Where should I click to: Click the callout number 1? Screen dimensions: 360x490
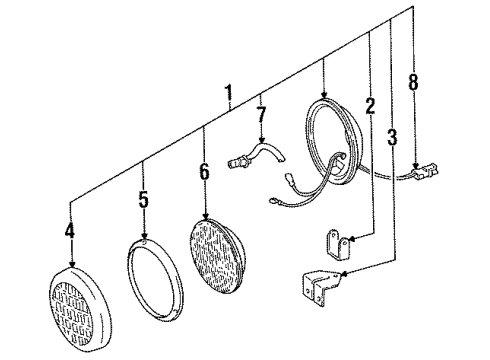(x=228, y=95)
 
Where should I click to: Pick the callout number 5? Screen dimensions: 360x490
(x=143, y=200)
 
